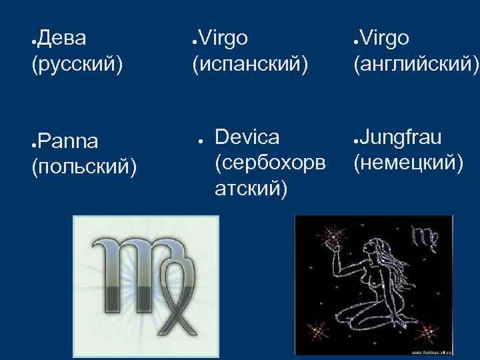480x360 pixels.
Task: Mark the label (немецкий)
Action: point(408,163)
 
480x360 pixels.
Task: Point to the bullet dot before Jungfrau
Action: point(357,140)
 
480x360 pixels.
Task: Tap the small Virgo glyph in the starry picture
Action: point(426,237)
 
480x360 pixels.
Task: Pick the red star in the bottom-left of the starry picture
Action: point(319,329)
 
